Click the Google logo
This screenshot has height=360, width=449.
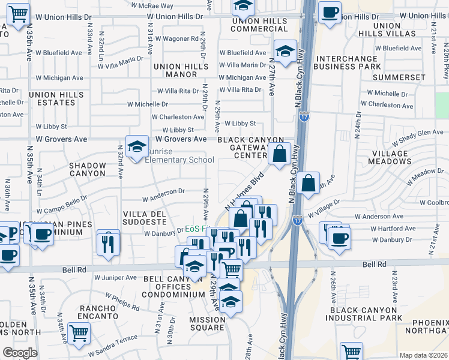pos(20,353)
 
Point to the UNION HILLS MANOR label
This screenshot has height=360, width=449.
pos(175,70)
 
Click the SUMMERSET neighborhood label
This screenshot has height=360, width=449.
pos(399,77)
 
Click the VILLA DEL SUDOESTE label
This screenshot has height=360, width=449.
pos(144,217)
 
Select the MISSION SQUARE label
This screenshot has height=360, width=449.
pos(207,324)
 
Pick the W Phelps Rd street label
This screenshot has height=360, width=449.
pos(122,301)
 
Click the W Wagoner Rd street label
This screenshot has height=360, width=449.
pos(176,38)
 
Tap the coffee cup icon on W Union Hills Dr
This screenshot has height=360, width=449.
pos(329,13)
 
